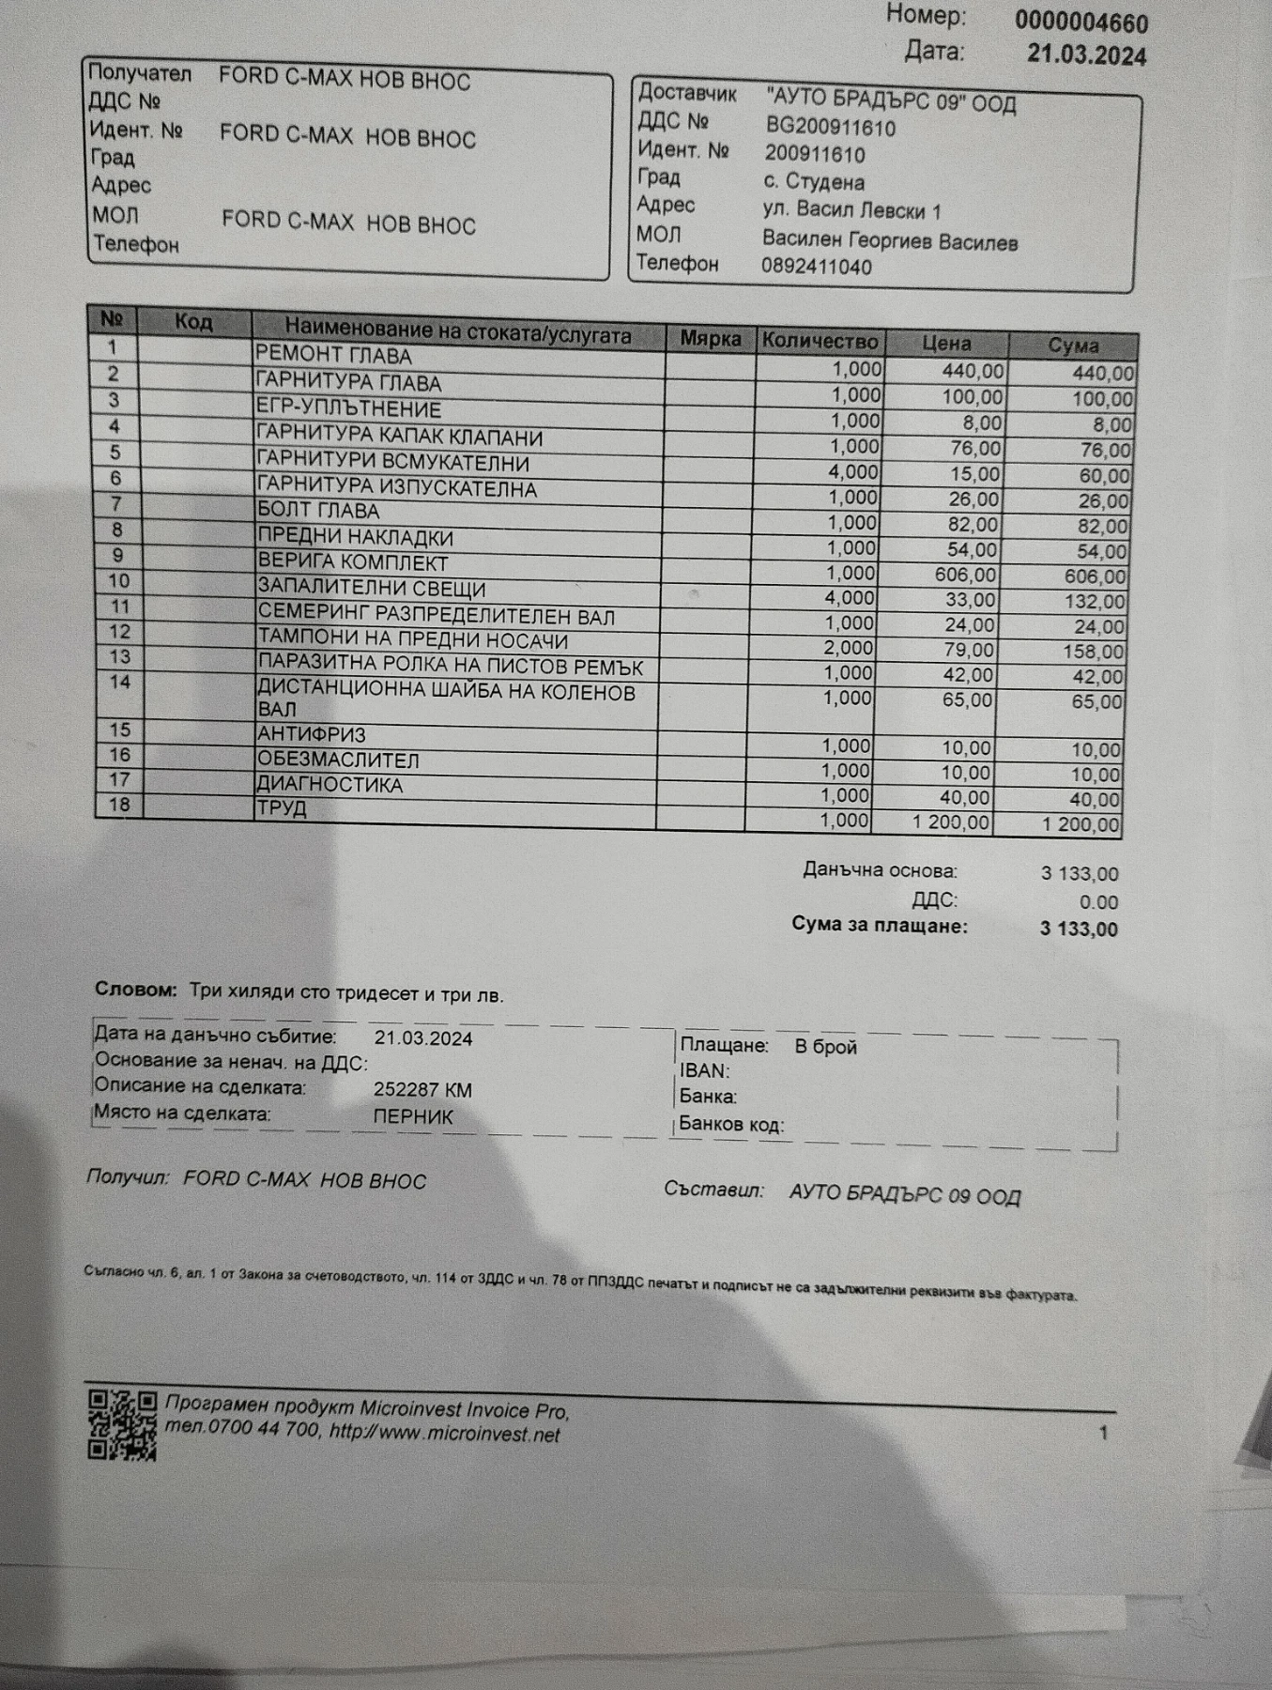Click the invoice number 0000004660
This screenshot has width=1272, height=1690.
tap(1080, 22)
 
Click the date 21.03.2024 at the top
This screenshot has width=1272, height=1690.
tap(1086, 55)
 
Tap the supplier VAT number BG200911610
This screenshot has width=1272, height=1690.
tap(831, 128)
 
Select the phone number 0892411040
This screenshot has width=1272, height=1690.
tap(817, 267)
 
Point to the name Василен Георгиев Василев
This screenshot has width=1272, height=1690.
tap(890, 241)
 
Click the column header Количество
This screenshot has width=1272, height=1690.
tap(820, 341)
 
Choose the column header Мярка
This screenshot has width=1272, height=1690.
tap(711, 338)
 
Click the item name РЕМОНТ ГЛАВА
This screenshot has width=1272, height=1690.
tap(333, 356)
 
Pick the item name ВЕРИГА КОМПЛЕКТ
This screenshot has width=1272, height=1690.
tap(353, 562)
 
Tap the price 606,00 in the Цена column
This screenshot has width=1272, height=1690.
tap(965, 575)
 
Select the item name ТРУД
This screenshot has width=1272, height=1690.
tap(282, 808)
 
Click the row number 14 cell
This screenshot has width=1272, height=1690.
tap(119, 683)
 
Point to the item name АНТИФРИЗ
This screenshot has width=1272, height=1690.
tap(312, 734)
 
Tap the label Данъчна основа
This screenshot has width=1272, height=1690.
tap(880, 870)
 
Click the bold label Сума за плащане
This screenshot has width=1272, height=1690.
tap(879, 925)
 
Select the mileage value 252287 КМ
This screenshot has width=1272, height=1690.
tap(422, 1090)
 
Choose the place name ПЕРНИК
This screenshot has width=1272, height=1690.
tap(413, 1117)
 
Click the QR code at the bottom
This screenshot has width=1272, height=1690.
tap(122, 1425)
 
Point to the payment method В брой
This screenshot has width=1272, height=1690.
tap(825, 1047)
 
